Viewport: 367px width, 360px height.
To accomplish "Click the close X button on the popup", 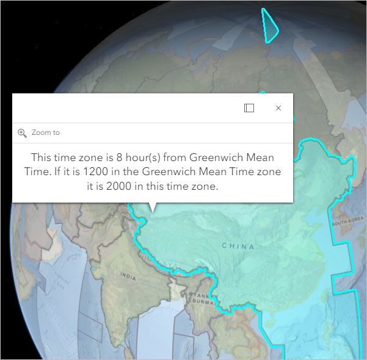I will coord(278,108).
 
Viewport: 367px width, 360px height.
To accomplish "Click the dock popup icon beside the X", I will coord(249,108).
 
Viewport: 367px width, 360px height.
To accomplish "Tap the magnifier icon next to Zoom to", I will coord(22,132).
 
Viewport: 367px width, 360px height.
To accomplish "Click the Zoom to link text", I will coord(46,132).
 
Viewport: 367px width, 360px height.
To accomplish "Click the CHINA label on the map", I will coord(238,246).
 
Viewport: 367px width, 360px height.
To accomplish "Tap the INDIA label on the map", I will coord(128,276).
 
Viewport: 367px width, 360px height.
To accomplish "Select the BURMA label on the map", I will coord(200,301).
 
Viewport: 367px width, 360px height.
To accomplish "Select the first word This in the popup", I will coord(42,157).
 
